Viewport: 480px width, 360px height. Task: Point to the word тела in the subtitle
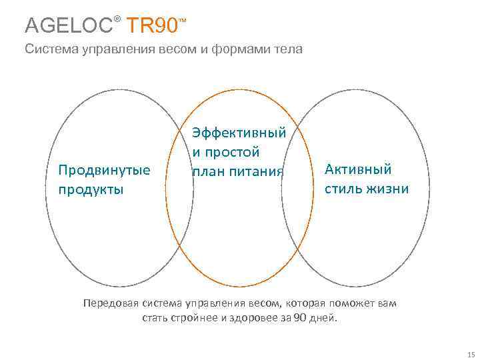(287, 49)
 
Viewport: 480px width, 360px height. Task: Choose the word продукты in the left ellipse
(91, 189)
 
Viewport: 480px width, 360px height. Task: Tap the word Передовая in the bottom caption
(111, 303)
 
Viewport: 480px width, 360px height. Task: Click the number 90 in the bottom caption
(300, 318)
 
